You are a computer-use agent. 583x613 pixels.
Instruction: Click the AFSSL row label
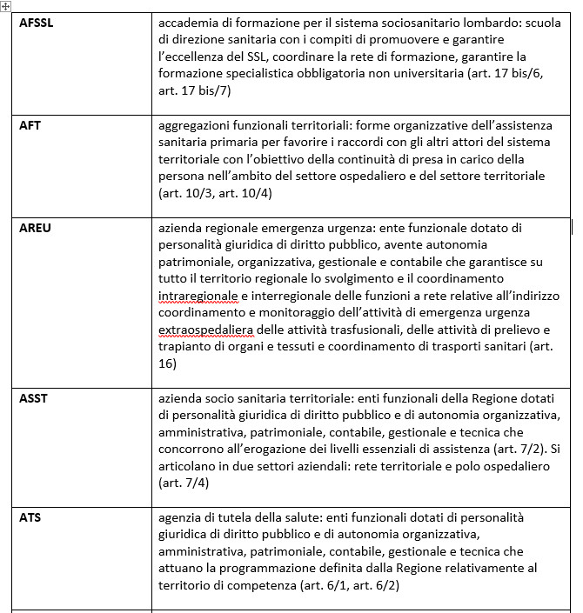coord(37,23)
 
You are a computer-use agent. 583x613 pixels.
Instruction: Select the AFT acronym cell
coord(30,125)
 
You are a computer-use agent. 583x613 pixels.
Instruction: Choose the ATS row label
coord(30,517)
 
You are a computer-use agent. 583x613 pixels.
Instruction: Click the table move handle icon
coord(6,6)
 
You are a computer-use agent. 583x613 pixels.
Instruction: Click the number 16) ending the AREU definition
coord(167,364)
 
